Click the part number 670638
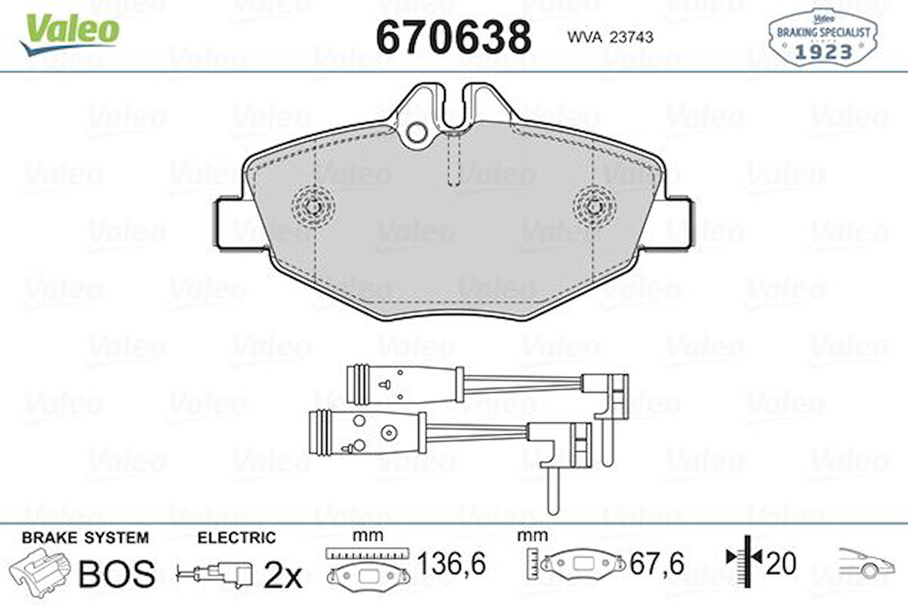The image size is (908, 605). (x=453, y=36)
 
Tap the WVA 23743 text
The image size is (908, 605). (x=610, y=36)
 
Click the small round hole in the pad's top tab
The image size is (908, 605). (x=416, y=132)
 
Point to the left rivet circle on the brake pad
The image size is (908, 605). (x=313, y=206)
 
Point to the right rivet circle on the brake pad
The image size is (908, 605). (x=594, y=206)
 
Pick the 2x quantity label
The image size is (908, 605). (x=282, y=575)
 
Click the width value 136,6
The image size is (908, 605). (x=452, y=564)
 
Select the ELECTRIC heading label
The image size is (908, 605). (x=236, y=538)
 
